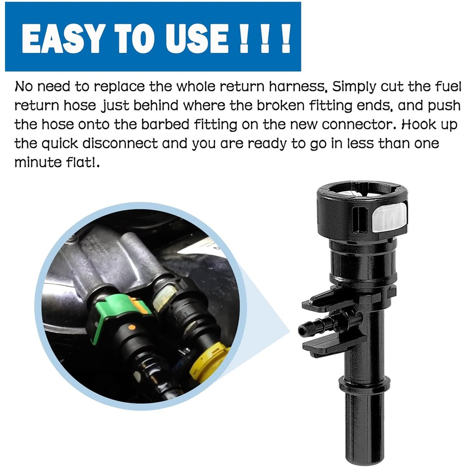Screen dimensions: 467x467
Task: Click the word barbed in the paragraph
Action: click(165, 124)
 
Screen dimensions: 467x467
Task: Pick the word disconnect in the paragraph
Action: click(120, 143)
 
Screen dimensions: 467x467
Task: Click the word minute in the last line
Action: click(37, 162)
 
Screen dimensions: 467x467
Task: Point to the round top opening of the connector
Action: click(362, 192)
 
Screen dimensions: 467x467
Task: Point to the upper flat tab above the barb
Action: click(331, 302)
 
